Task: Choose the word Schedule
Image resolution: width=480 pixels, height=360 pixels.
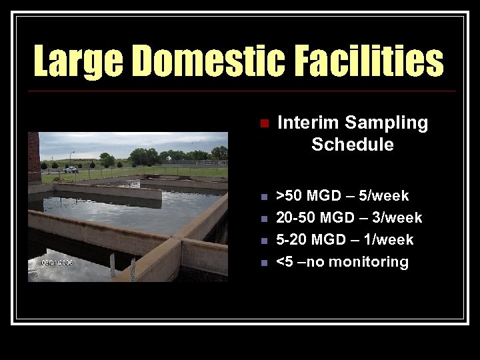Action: (x=352, y=144)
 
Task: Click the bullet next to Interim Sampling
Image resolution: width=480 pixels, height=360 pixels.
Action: (x=264, y=123)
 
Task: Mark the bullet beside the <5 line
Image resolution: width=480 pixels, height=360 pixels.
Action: (x=264, y=263)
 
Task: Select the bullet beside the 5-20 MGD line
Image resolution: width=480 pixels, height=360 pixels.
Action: (x=264, y=240)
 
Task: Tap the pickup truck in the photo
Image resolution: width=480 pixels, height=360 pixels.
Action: (x=71, y=169)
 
